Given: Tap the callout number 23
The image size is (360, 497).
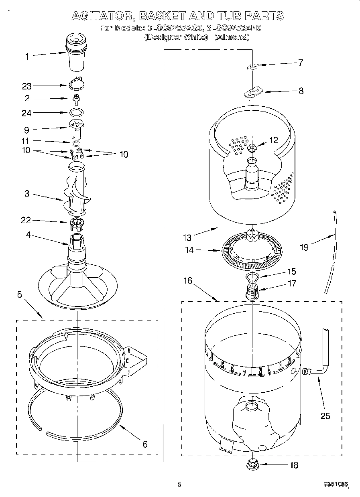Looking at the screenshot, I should coord(27,85).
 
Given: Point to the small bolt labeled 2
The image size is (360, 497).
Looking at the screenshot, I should coord(75,99).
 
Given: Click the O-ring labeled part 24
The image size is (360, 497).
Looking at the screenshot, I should coord(77,113).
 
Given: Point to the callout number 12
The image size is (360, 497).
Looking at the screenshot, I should coord(274,140).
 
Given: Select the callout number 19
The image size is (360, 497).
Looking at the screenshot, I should coord(304,247).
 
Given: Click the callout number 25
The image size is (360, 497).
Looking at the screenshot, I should coord(325,416).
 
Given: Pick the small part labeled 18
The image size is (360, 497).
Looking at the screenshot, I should coord(252,465).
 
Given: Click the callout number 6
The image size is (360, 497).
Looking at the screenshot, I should coord(145,444).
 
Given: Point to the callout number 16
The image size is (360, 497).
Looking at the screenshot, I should coord(188,280).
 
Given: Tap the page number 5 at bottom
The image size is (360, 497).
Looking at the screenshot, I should coord(179,485).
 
